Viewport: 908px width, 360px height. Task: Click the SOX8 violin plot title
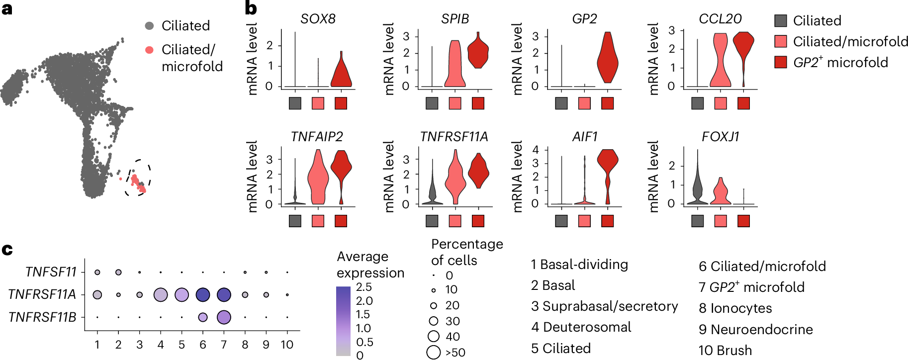318,19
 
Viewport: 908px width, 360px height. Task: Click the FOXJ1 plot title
720,137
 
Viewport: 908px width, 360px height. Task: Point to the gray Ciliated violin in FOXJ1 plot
697,189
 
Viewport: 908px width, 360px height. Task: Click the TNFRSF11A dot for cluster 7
224,295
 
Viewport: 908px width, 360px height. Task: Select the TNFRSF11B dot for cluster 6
202,317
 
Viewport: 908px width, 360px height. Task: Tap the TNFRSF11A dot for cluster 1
97,295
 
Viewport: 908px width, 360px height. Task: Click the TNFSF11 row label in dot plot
51,272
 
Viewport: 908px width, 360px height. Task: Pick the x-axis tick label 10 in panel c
287,345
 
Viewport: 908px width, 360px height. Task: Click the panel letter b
251,8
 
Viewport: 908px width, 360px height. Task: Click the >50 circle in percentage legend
434,353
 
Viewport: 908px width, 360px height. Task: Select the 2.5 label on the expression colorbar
364,287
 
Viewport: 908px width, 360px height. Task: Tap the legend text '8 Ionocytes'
735,308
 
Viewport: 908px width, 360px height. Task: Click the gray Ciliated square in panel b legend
781,21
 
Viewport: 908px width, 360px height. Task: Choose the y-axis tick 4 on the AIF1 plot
536,150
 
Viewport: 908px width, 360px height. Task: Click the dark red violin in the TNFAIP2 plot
341,169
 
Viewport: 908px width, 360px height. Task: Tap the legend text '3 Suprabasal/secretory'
604,306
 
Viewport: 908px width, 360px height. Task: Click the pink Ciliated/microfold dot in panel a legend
149,50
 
